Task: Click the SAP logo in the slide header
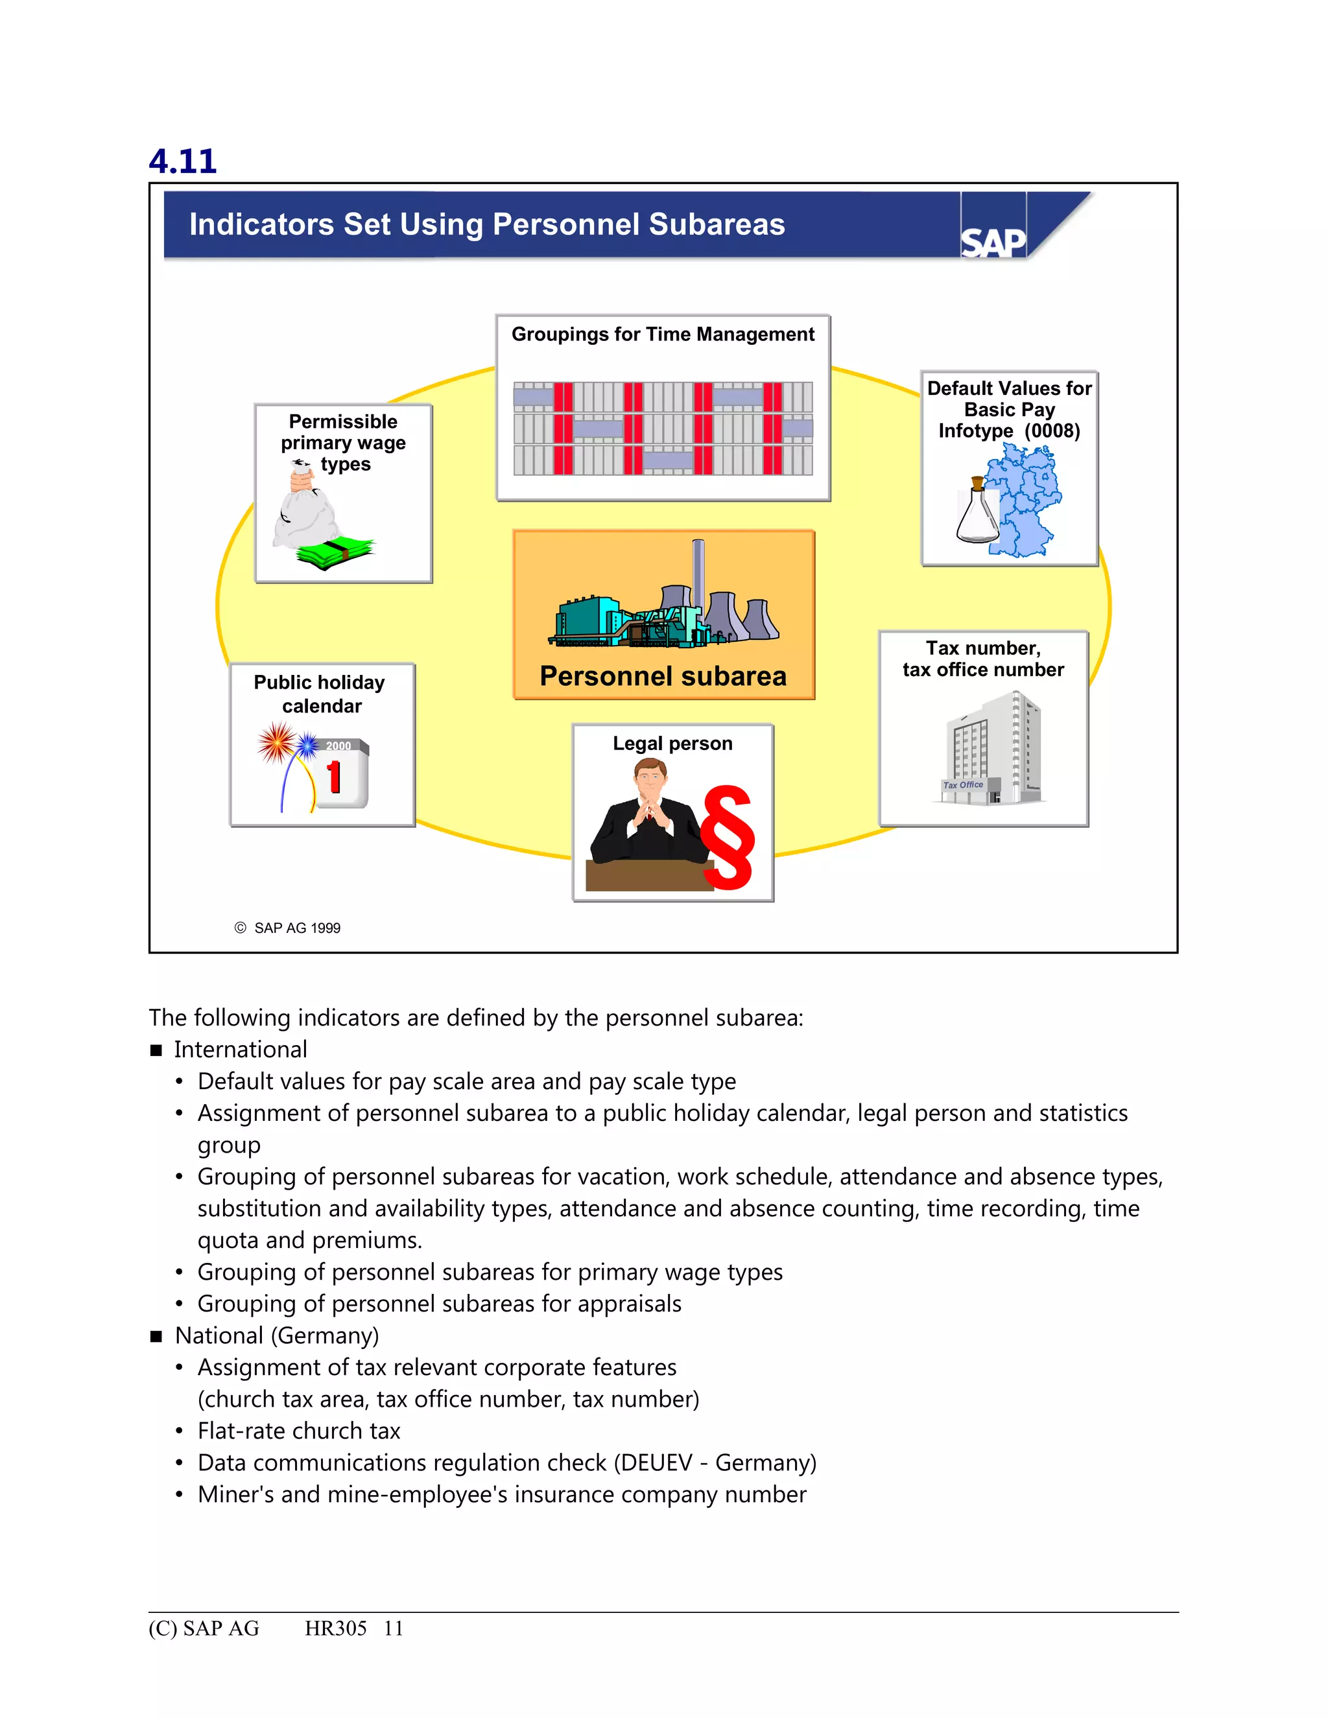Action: pos(993,242)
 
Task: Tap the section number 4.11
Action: pos(182,161)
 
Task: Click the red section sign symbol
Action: pos(728,838)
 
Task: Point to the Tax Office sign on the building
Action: pos(964,785)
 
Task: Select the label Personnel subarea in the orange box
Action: pos(663,676)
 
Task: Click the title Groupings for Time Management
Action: pos(663,335)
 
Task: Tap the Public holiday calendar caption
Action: pos(320,694)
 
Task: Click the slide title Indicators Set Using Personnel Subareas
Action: pos(487,224)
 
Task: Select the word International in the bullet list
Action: pos(240,1050)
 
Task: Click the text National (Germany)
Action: pos(277,1336)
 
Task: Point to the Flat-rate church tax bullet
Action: pos(299,1431)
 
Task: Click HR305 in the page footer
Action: pos(336,1629)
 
